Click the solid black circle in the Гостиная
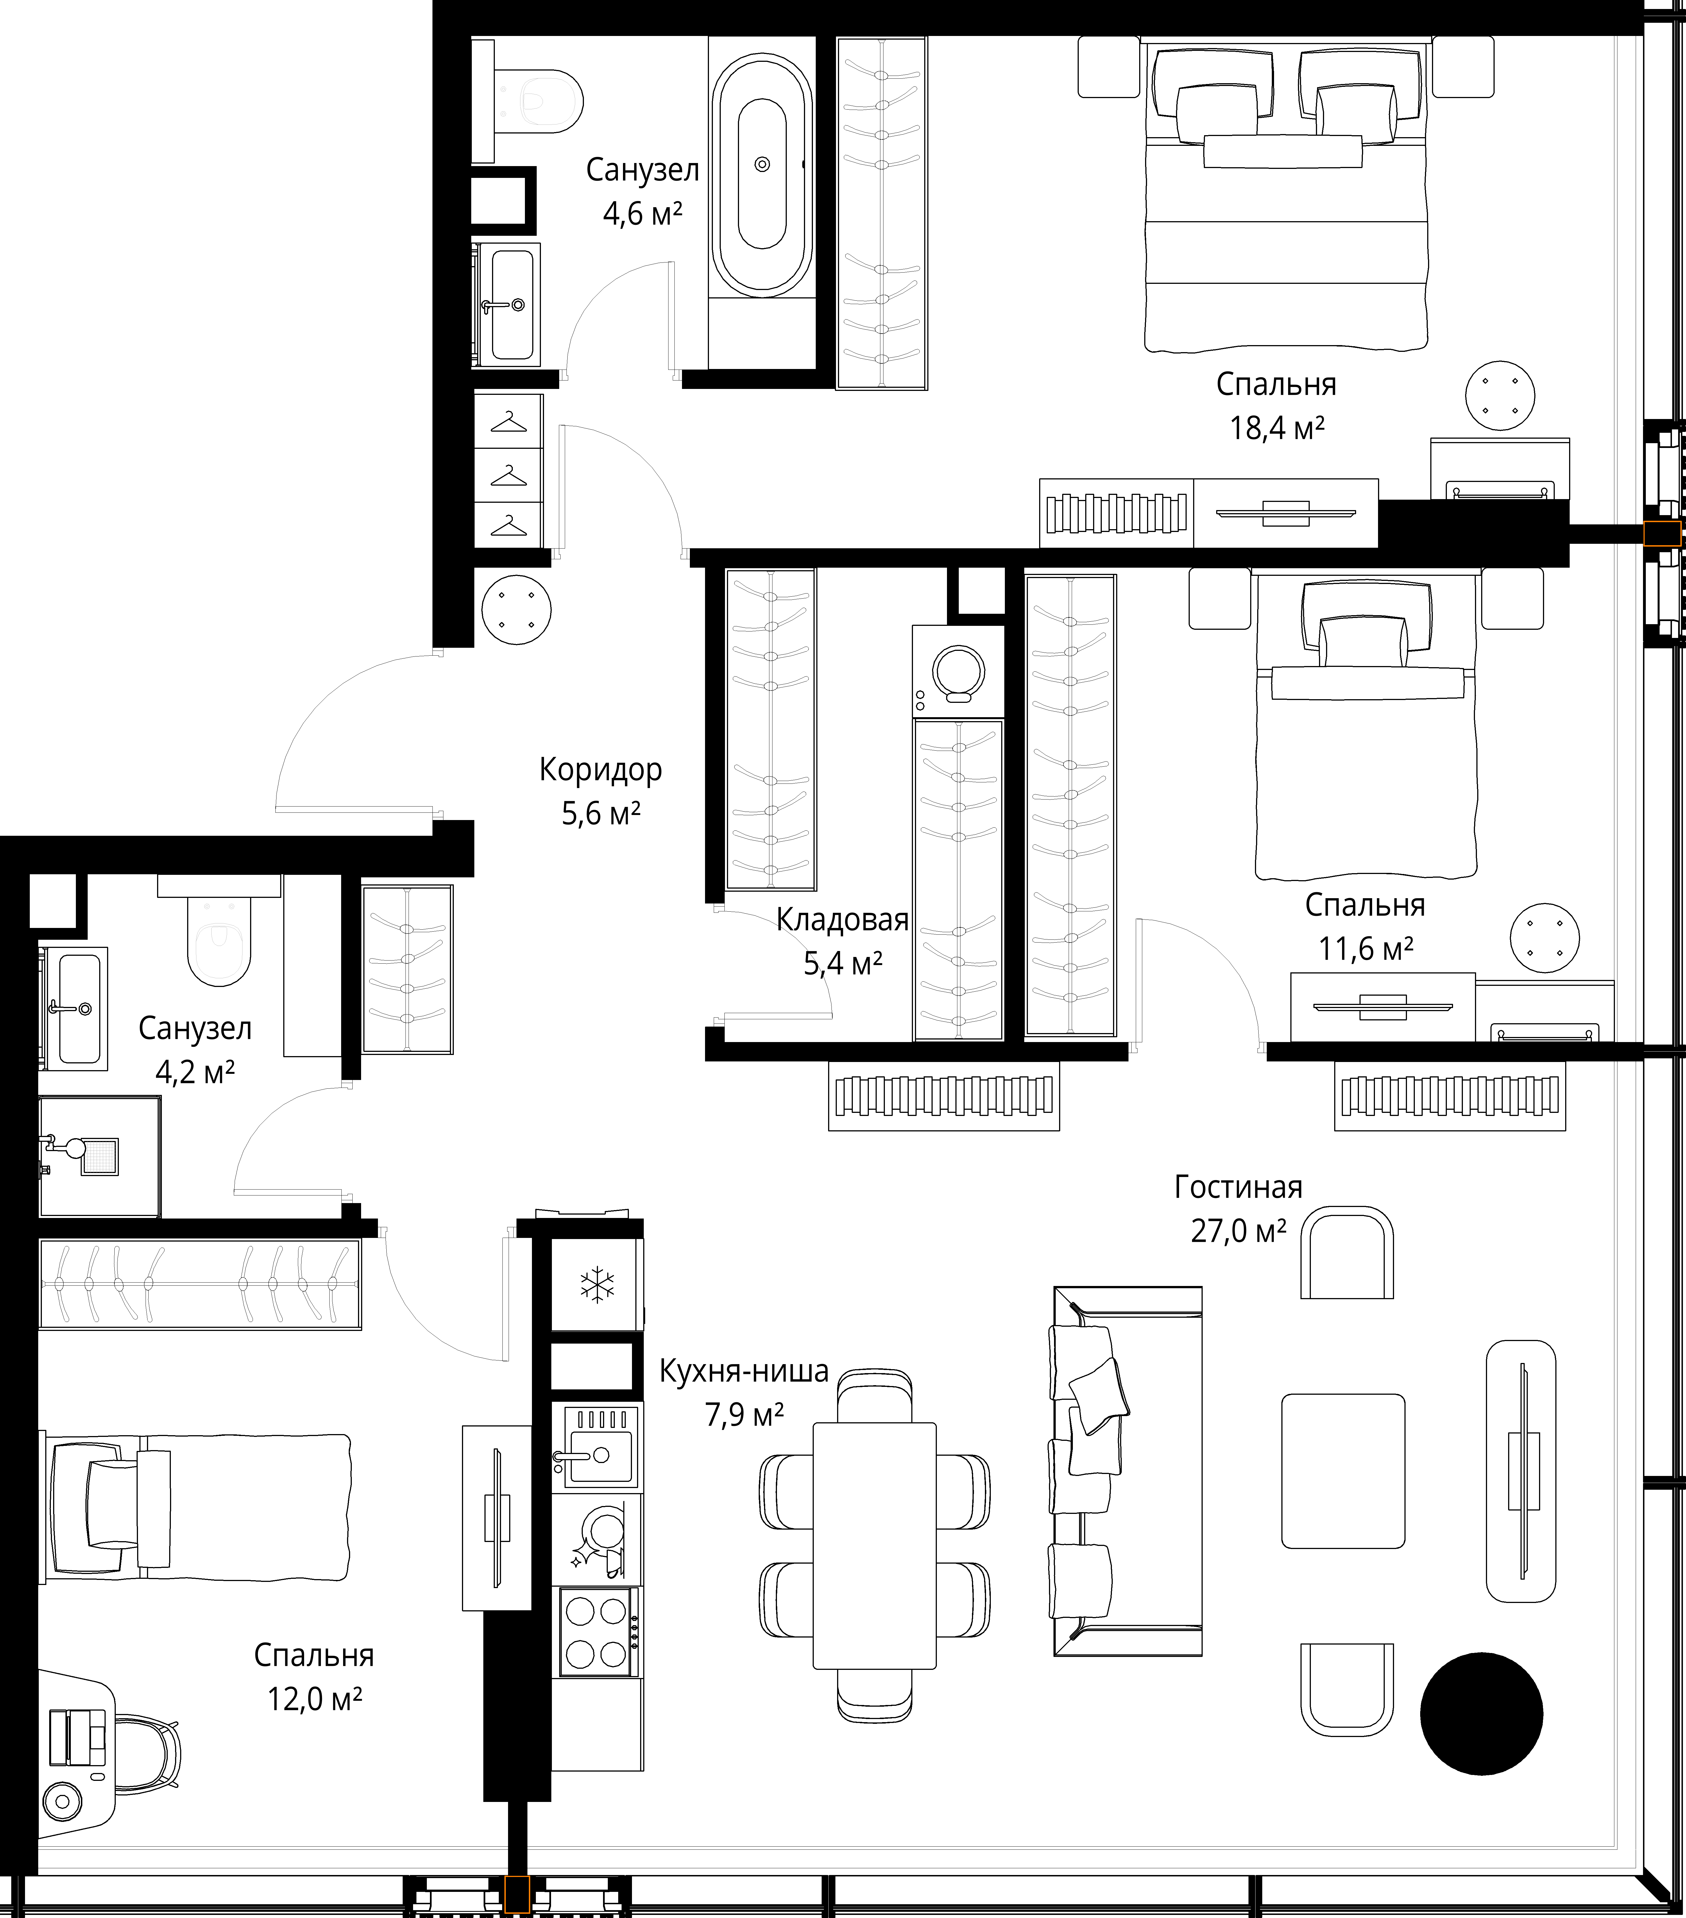pyautogui.click(x=1481, y=1713)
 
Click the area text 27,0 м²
pyautogui.click(x=1238, y=1230)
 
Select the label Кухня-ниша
pyautogui.click(x=744, y=1371)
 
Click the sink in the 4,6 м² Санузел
pyautogui.click(x=507, y=304)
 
